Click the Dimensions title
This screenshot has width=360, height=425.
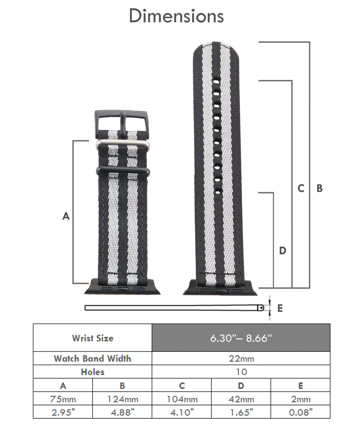pos(176,16)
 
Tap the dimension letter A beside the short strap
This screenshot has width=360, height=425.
pos(66,216)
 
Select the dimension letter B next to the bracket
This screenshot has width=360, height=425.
pos(320,188)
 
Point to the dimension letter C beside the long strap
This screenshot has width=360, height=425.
pos(301,188)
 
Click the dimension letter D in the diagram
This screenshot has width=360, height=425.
pos(283,250)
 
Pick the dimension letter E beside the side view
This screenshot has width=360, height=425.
pos(280,308)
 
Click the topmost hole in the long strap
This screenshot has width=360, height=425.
pos(216,81)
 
